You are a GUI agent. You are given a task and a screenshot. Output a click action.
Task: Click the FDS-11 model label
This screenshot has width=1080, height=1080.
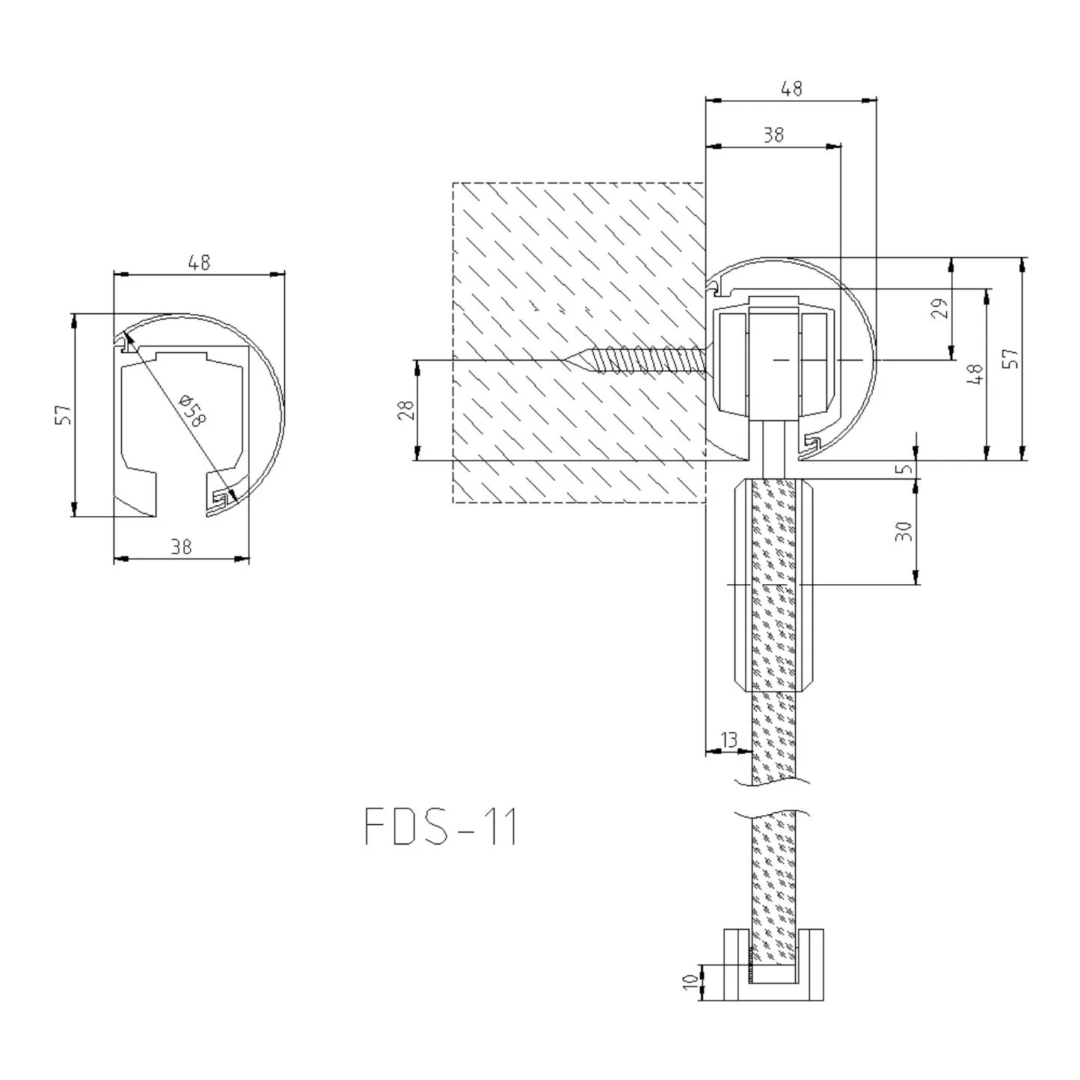pos(441,826)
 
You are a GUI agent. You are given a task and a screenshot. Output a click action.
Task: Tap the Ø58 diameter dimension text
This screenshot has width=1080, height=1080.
pos(192,410)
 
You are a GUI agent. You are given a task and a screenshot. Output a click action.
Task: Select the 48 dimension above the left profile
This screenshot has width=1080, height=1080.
pos(199,263)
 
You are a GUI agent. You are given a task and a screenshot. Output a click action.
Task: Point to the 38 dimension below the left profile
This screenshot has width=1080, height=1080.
pos(181,546)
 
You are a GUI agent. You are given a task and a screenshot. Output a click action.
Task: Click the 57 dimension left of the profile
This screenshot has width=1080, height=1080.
pos(64,414)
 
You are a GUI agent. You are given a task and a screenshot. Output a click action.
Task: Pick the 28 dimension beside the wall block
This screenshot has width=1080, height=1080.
pos(406,411)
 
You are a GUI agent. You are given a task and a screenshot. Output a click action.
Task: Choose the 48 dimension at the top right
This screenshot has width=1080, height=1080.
pos(791,88)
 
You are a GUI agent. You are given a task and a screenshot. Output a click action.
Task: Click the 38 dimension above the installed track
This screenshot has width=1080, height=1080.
pos(773,135)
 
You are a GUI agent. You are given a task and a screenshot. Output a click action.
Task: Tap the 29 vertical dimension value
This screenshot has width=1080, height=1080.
pos(940,308)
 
